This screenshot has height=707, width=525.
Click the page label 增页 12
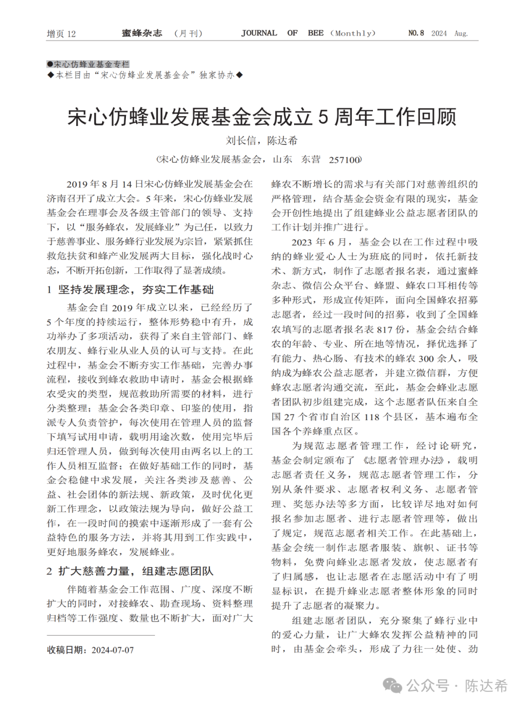[x=61, y=34]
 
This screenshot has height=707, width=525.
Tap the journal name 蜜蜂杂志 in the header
[x=142, y=33]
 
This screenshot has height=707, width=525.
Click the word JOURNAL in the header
[x=259, y=33]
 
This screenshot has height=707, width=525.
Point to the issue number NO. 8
[x=416, y=33]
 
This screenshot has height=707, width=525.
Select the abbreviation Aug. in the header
[x=461, y=34]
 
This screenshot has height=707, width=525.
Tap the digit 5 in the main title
[x=323, y=117]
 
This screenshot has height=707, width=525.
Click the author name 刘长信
[x=241, y=141]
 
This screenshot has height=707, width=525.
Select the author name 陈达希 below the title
[x=282, y=141]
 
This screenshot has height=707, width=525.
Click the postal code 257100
[x=345, y=160]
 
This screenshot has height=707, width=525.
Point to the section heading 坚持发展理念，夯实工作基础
[x=136, y=290]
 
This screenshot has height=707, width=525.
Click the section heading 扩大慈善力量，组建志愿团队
[x=136, y=571]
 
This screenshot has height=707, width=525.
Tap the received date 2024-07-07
[x=112, y=650]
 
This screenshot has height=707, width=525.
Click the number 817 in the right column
[x=385, y=330]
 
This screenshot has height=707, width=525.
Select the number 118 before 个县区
[x=371, y=417]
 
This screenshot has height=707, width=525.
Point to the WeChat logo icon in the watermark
[x=392, y=686]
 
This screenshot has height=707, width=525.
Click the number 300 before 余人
[x=426, y=359]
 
